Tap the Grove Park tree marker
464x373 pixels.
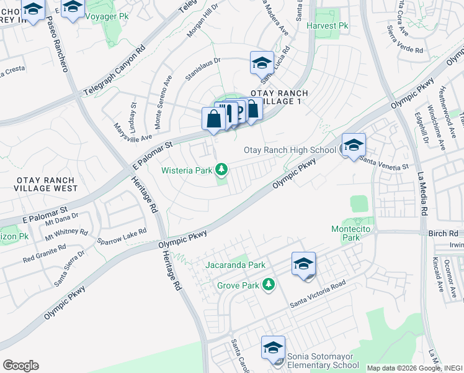pyautogui.click(x=269, y=285)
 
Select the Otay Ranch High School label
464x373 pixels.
pyautogui.click(x=290, y=150)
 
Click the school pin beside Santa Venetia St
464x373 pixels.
pyautogui.click(x=354, y=146)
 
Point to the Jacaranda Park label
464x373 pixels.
pyautogui.click(x=236, y=265)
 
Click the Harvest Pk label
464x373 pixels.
pyautogui.click(x=330, y=26)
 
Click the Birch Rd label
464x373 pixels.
pyautogui.click(x=443, y=233)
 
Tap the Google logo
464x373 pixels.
pyautogui.click(x=21, y=366)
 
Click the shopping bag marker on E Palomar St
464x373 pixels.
pyautogui.click(x=213, y=119)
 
